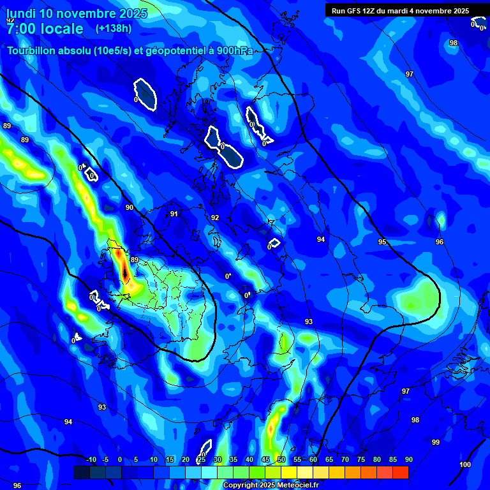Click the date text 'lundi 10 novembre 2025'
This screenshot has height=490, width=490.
77,13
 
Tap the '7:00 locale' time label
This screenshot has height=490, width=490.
45,29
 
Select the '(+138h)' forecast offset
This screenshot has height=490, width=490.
114,28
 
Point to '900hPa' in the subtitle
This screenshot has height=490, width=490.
232,52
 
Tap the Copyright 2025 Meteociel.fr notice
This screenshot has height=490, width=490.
270,486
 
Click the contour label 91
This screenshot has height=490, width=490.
174,214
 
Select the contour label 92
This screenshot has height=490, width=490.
215,218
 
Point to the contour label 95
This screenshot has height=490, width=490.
382,242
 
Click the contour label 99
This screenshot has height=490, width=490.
436,442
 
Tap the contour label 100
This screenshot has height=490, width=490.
465,464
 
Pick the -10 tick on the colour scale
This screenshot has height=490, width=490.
91,459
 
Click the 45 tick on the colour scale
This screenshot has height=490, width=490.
265,459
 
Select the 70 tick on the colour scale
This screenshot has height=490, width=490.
345,459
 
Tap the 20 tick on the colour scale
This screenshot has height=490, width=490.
185,459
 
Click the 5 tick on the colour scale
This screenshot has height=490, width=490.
136,459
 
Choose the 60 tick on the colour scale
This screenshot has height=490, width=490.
313,459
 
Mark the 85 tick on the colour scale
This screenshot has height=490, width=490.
392,459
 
